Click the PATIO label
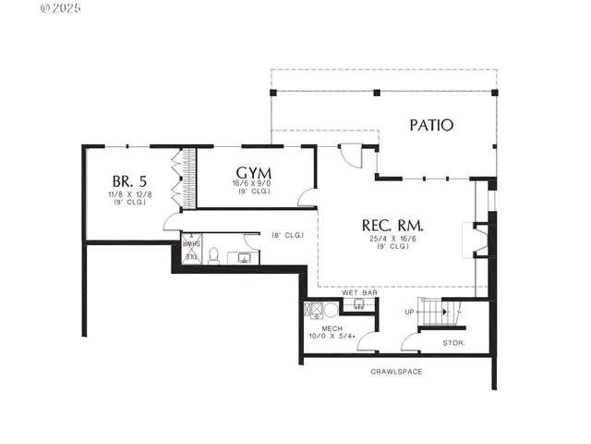click(x=432, y=125)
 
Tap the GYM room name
click(x=253, y=172)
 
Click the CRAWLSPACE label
click(x=396, y=371)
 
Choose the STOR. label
click(x=452, y=342)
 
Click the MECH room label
click(x=332, y=328)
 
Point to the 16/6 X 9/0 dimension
click(x=252, y=184)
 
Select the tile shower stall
click(x=190, y=250)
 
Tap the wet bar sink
click(x=359, y=302)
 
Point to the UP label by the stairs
click(x=409, y=312)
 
